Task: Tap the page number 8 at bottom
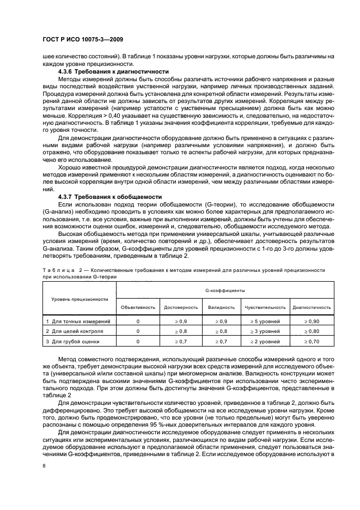pos(44,465)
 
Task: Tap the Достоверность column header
pos(177,307)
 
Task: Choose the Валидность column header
pos(221,307)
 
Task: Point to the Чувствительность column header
pos(265,307)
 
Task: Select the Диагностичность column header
pos(312,307)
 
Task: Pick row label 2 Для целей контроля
pos(74,331)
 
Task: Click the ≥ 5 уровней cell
pos(265,321)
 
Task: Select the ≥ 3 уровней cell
pos(265,331)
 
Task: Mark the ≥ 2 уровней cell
pos(265,341)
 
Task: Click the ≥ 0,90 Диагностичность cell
pos(312,321)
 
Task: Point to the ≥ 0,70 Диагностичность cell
pos(312,341)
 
